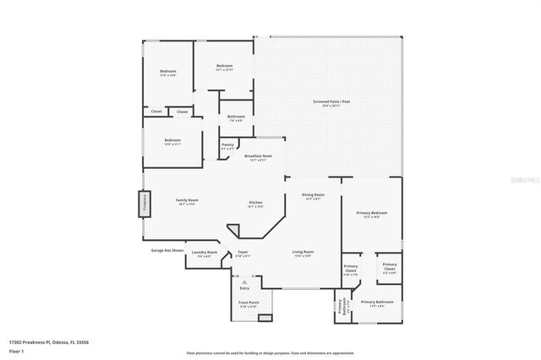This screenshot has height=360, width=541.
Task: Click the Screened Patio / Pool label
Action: click(331, 104)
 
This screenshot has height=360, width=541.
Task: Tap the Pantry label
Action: click(227, 146)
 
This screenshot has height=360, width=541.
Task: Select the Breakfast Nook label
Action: click(258, 157)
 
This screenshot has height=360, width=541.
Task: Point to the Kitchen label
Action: click(255, 204)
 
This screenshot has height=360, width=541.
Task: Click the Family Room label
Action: click(187, 201)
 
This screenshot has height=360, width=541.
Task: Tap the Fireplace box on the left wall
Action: click(144, 205)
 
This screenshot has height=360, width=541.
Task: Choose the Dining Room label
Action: click(314, 196)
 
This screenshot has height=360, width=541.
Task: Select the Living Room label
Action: click(303, 254)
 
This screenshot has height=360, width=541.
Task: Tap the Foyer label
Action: click(243, 254)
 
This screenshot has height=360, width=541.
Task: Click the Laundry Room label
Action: click(205, 254)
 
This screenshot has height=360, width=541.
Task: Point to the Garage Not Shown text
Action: click(167, 251)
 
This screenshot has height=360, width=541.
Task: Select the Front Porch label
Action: click(249, 303)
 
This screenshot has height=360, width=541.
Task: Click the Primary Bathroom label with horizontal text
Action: click(377, 303)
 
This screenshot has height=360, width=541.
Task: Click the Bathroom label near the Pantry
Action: click(236, 118)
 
